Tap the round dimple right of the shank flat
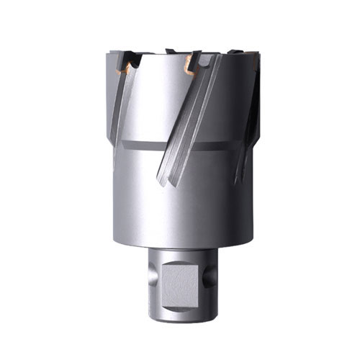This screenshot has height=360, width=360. point(204,276)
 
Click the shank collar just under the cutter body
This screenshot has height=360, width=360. point(180,252)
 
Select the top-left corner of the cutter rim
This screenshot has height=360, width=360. point(109,53)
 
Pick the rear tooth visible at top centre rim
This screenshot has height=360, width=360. point(171,51)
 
